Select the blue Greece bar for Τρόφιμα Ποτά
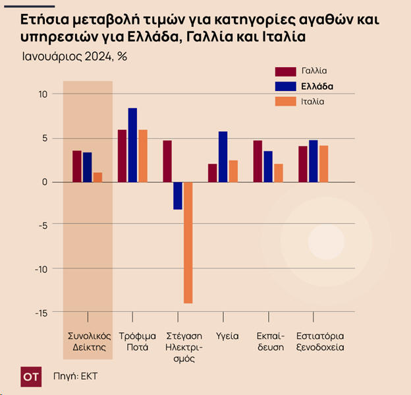point(132,145)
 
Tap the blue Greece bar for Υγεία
point(223,157)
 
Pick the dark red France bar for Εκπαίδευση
point(258,161)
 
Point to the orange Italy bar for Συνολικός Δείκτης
point(97,177)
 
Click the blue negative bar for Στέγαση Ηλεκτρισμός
point(178,196)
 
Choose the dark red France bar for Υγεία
point(212,173)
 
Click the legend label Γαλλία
point(314,71)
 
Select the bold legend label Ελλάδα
point(317,86)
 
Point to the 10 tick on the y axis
point(43,94)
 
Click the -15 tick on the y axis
point(41,313)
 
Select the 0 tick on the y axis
point(45,182)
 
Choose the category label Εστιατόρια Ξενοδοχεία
point(321,341)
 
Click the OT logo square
point(30,377)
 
